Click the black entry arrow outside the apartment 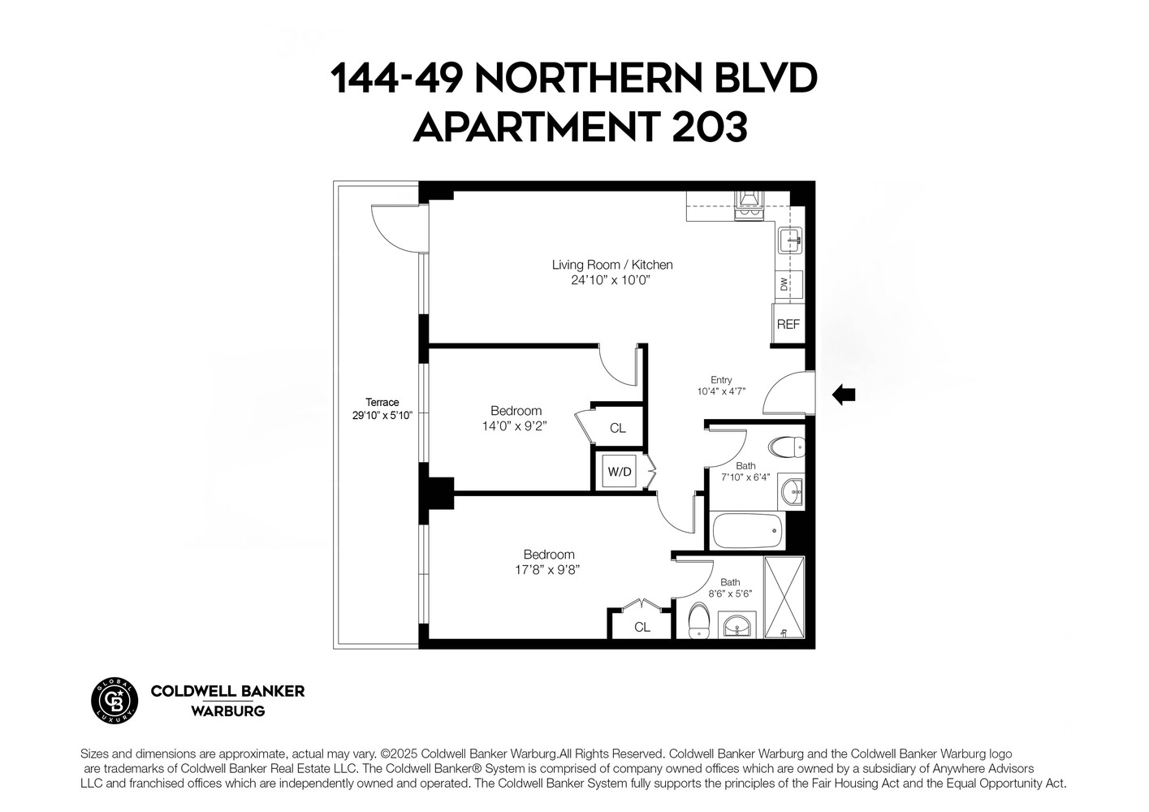coord(844,395)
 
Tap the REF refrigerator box coord(788,324)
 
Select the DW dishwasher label coord(784,284)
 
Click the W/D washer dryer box coord(620,472)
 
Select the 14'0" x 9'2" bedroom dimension coord(515,425)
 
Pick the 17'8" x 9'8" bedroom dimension coord(548,569)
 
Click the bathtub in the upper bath coord(747,533)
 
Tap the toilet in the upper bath coord(787,446)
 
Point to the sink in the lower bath coord(737,626)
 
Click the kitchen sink coord(790,240)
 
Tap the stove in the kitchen coord(747,205)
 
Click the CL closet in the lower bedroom coord(641,626)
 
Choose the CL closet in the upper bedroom coord(617,428)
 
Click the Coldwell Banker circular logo coord(114,699)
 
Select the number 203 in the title coord(706,127)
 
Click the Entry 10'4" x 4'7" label coord(721,386)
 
